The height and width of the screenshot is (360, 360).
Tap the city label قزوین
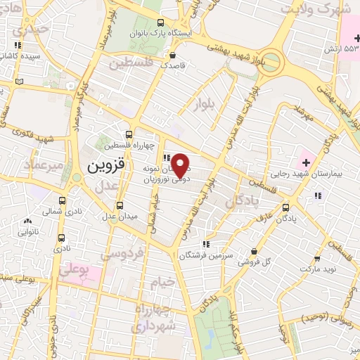107,167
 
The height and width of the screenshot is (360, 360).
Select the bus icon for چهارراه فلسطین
129,134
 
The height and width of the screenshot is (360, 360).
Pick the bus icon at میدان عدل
120,205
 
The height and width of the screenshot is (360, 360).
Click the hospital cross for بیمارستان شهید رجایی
306,162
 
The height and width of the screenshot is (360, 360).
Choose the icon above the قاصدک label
172,53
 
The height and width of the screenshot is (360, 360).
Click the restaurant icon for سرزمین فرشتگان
205,244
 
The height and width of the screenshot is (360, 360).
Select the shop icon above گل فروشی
254,251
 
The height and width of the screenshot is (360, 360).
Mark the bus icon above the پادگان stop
285,207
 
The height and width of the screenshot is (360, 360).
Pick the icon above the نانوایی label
27,221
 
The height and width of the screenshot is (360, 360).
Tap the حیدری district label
30,30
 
